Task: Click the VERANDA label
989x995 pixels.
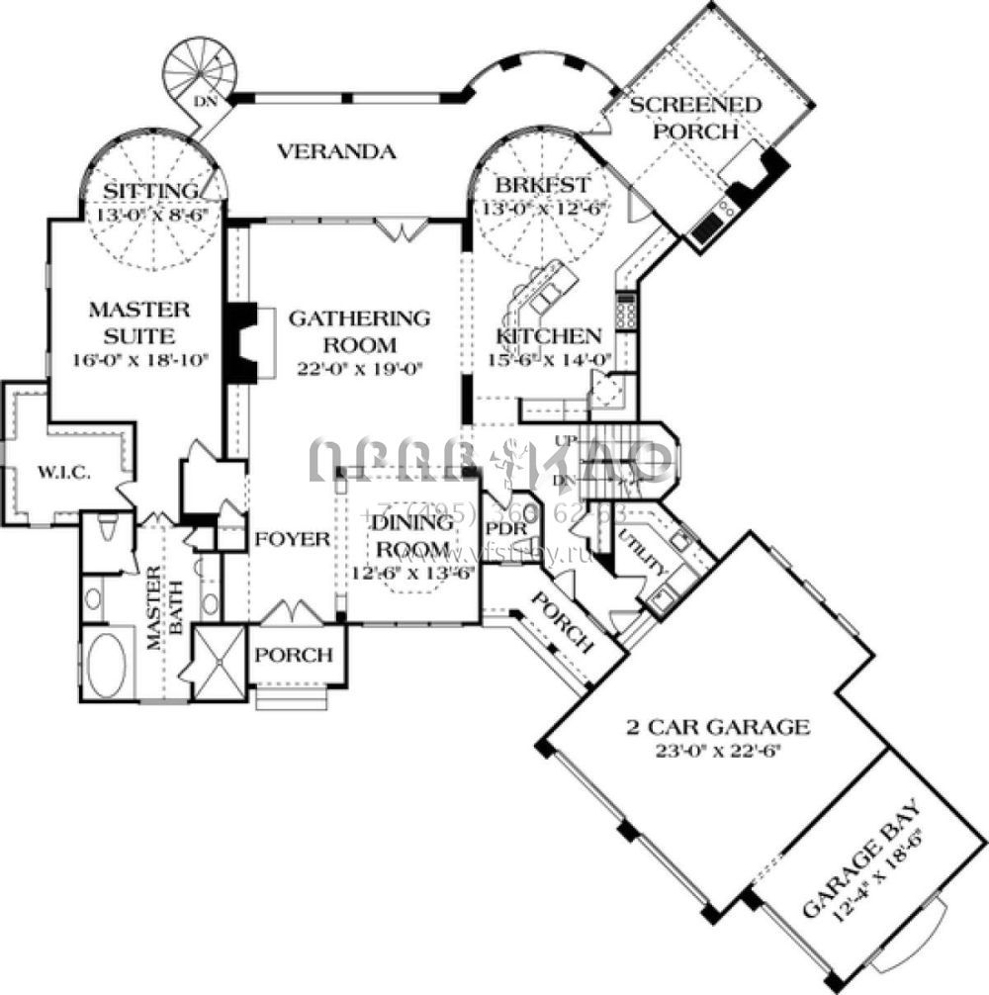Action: click(x=336, y=152)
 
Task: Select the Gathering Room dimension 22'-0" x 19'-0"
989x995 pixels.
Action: click(x=360, y=370)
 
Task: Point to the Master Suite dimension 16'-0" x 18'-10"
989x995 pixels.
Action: click(x=140, y=360)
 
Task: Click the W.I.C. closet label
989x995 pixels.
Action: click(x=65, y=473)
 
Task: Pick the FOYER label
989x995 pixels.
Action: click(x=292, y=539)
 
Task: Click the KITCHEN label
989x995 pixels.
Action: click(x=549, y=336)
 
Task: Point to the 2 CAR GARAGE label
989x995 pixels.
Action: click(x=717, y=727)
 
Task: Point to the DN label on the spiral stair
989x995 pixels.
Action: click(x=205, y=101)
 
